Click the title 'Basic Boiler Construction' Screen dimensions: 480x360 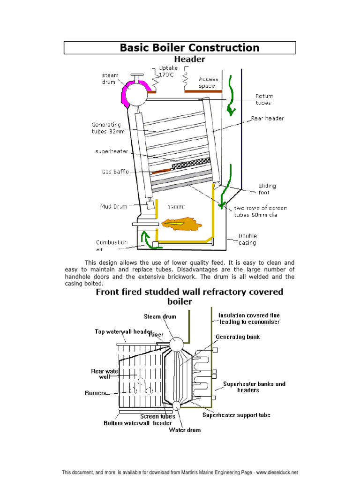click(189, 48)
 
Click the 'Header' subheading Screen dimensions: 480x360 click(189, 60)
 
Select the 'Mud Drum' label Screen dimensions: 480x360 click(113, 206)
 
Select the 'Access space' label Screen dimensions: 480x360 click(208, 82)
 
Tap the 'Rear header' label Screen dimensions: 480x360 click(267, 119)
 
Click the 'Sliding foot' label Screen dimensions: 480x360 click(267, 189)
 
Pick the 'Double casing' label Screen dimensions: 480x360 click(247, 239)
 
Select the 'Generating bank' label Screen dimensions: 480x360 click(237, 337)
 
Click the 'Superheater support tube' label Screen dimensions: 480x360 click(236, 415)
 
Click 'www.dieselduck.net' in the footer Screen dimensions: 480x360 click(277, 472)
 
